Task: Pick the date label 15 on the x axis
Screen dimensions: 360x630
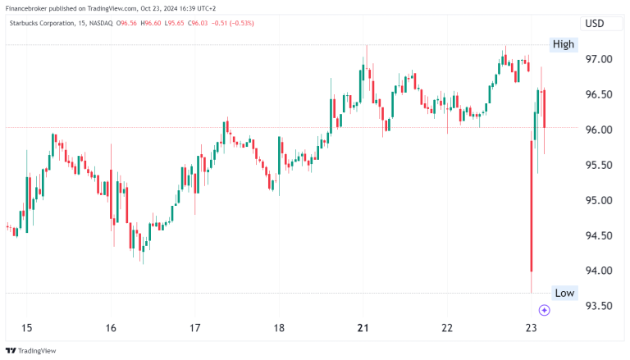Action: [x=26, y=328]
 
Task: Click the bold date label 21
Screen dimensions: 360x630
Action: [x=363, y=328]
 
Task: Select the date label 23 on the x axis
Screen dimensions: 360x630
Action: [x=532, y=328]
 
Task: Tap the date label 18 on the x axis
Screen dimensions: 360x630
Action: [x=279, y=328]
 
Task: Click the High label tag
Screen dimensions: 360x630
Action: [x=564, y=44]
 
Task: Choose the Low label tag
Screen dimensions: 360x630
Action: [x=564, y=293]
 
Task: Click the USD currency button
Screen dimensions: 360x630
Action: [x=593, y=24]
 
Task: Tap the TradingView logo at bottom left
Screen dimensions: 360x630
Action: [x=32, y=350]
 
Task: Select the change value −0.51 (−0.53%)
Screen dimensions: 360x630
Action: [x=232, y=23]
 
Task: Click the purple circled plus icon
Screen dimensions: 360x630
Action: [x=544, y=310]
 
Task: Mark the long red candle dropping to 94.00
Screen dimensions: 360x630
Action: [x=532, y=205]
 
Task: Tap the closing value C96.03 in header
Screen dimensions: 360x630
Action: [x=198, y=23]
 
